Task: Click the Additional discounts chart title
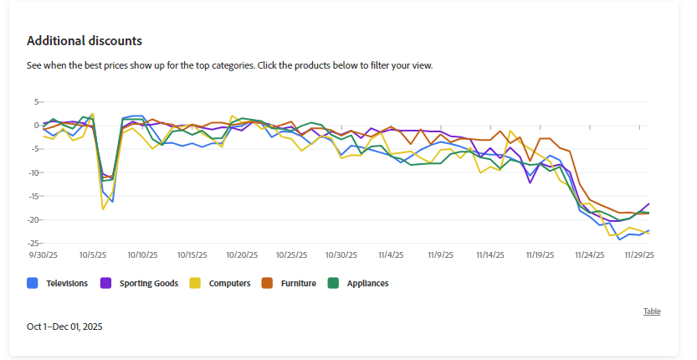84,40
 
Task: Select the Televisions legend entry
67,284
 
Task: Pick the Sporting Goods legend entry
148,284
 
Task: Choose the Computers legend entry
230,284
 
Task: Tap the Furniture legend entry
298,284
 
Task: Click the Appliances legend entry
368,284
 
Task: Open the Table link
652,311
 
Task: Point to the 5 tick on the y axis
38,102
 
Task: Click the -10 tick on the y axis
35,172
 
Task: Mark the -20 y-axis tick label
35,219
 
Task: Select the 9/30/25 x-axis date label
44,255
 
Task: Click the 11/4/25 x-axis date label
392,255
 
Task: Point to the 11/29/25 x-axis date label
639,255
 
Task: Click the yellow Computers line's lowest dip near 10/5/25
103,208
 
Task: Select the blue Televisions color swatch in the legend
33,284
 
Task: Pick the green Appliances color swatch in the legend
333,284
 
